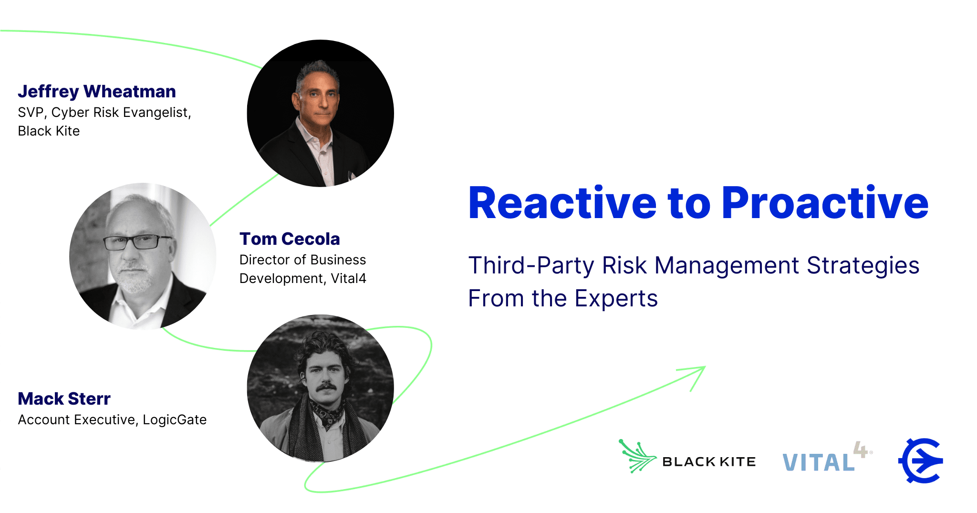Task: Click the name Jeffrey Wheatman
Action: click(x=97, y=91)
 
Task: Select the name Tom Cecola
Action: click(x=290, y=239)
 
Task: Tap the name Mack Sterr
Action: click(x=64, y=398)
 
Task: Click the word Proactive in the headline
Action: click(x=825, y=203)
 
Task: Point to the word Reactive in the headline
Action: click(x=563, y=203)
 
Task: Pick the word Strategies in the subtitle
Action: click(x=863, y=266)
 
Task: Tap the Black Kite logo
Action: click(x=687, y=457)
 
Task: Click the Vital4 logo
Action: click(x=827, y=458)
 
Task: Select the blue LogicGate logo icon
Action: click(x=921, y=460)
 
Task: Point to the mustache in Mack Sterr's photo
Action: click(x=326, y=386)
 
